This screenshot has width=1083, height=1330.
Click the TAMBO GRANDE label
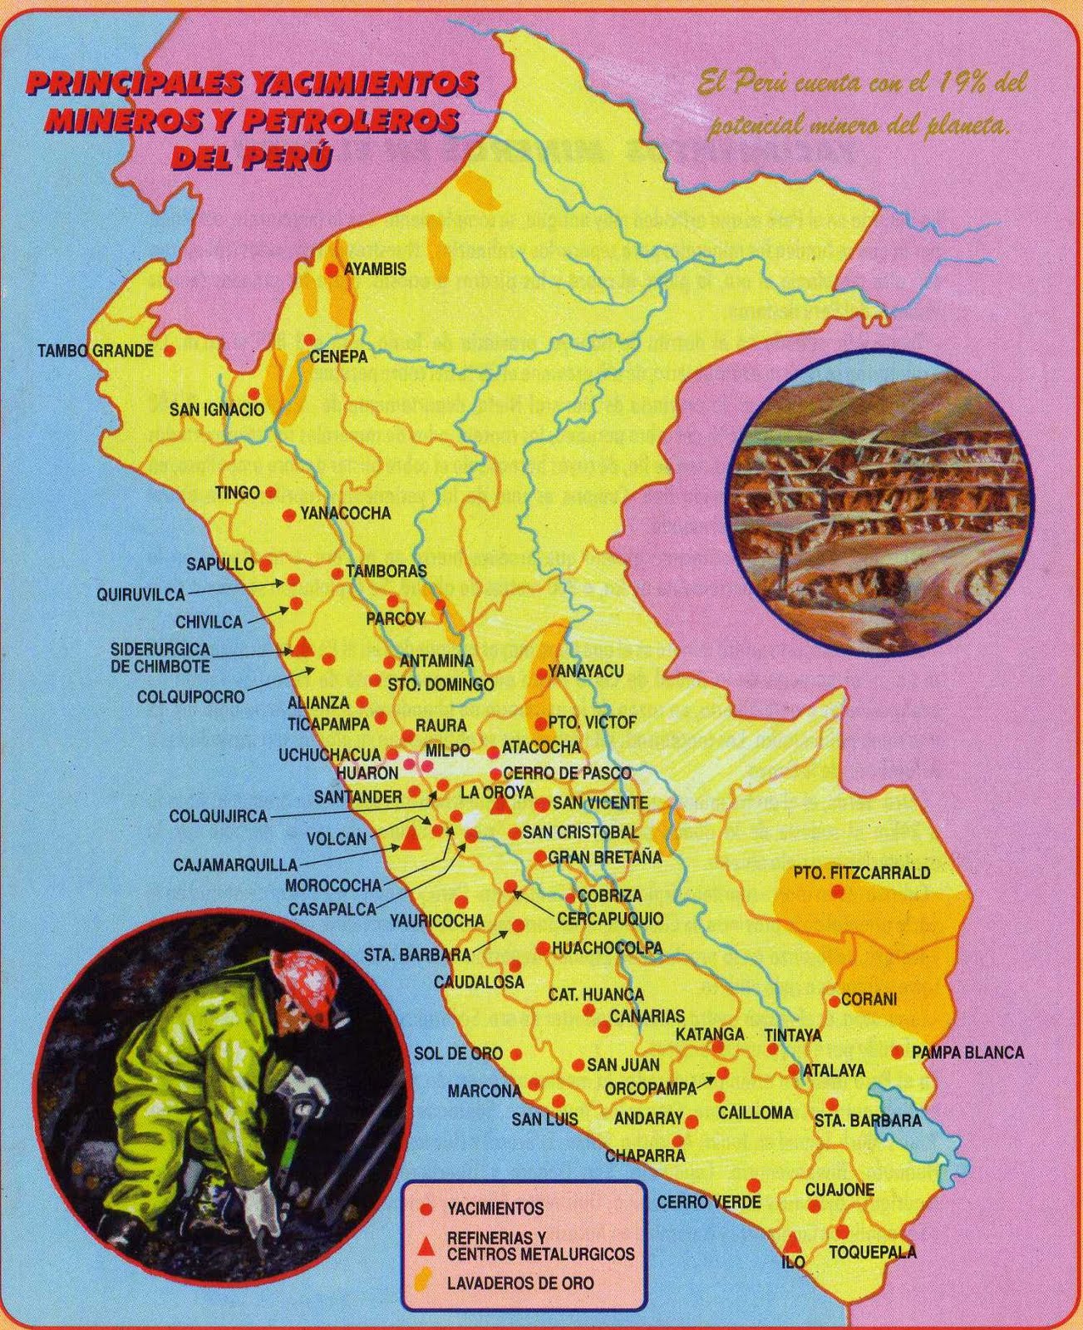coord(96,351)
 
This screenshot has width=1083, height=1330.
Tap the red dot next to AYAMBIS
coord(331,269)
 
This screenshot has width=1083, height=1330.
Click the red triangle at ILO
coord(793,1242)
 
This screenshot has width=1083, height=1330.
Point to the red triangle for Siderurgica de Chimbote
coord(303,648)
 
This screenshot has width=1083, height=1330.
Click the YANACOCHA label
coord(345,514)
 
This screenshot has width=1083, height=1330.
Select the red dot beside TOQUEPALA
coord(842,1231)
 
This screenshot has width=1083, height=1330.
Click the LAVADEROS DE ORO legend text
coord(520,1283)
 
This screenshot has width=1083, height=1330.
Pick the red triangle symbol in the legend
coord(426,1245)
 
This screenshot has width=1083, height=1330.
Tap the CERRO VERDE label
coord(708,1202)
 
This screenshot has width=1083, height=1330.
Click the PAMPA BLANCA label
coord(967,1052)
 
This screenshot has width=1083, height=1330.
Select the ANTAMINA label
coord(436,661)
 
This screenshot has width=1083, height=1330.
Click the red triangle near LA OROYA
coord(500,805)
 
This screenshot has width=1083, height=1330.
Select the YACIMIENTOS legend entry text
coord(495,1208)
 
